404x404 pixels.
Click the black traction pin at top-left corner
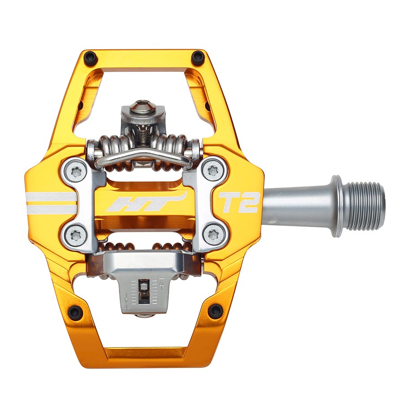[x=91, y=57]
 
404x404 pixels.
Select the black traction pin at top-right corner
[x=198, y=57]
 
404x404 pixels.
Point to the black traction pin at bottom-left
[x=75, y=312]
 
